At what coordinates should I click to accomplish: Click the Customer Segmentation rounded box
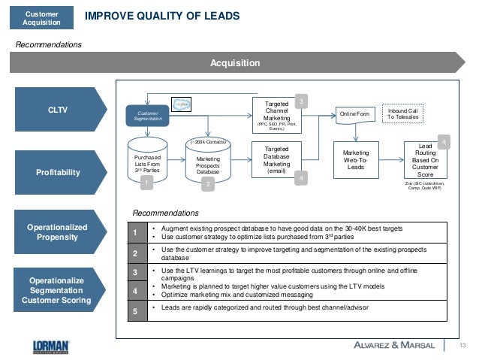(x=147, y=116)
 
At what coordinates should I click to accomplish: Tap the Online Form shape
(x=354, y=114)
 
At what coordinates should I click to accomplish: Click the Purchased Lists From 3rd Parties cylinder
(x=147, y=162)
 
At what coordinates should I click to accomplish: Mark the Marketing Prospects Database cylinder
(x=207, y=165)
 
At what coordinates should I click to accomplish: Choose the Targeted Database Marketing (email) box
(x=277, y=159)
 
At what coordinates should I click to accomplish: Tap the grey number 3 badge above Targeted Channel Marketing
(x=300, y=101)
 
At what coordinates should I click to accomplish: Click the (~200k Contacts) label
(x=207, y=141)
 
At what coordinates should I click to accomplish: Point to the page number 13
(x=462, y=345)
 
